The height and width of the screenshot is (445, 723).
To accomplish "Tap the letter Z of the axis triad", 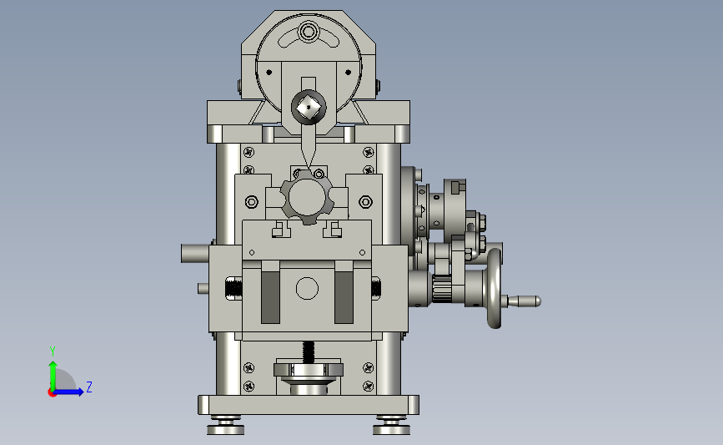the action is tap(89, 387).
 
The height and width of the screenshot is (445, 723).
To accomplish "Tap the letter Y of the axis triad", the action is tap(53, 351).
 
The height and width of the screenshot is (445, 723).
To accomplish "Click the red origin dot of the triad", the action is tap(52, 393).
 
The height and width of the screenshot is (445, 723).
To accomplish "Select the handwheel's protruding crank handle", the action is tap(524, 301).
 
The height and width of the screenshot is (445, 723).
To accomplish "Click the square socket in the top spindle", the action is tap(309, 109).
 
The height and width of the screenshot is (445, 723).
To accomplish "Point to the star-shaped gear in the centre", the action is tap(307, 197).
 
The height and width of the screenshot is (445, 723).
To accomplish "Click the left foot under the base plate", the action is tap(225, 425).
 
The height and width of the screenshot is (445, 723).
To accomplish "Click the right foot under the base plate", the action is tap(391, 425).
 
